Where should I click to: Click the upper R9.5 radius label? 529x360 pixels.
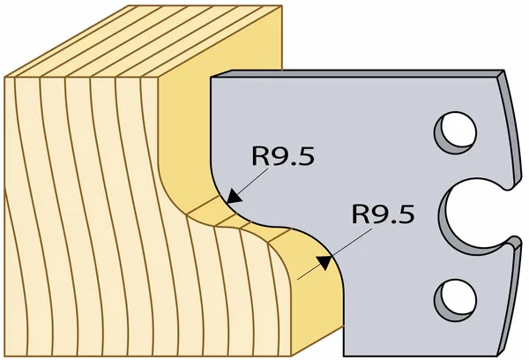click(x=283, y=156)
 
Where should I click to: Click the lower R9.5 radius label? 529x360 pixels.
click(x=383, y=214)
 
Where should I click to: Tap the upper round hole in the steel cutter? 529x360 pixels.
click(x=456, y=132)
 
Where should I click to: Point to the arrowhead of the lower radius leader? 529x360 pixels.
click(x=324, y=262)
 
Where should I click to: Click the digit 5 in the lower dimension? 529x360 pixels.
click(x=406, y=214)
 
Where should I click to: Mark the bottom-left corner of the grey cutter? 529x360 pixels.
click(x=344, y=356)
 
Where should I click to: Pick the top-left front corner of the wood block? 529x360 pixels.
click(x=5, y=78)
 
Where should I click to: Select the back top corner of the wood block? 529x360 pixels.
click(x=281, y=5)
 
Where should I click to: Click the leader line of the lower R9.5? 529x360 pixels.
click(x=334, y=254)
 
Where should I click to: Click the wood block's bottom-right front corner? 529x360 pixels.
click(x=292, y=356)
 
